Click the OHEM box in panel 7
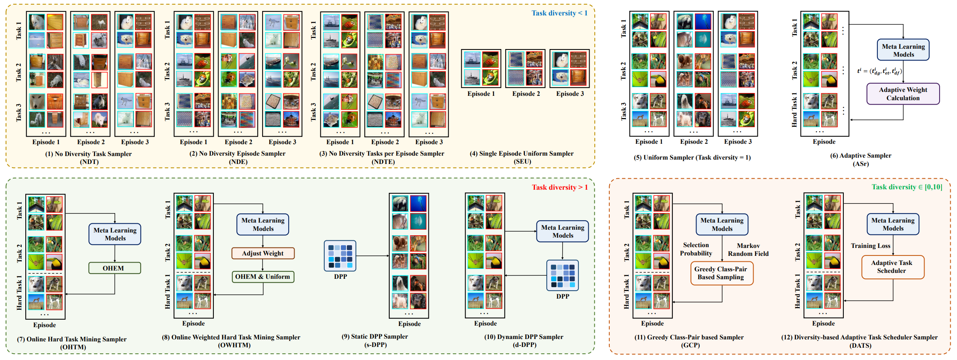tap(114, 268)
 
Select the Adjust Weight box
tap(263, 253)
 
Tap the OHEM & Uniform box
tap(263, 276)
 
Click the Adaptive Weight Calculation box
tap(903, 94)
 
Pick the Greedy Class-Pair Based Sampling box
tap(721, 273)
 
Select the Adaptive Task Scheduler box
tap(892, 267)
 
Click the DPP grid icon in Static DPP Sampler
tap(340, 256)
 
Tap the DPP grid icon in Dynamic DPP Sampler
tap(563, 275)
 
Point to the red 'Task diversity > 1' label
tap(559, 187)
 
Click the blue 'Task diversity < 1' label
tap(559, 13)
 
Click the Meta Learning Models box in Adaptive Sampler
tap(903, 50)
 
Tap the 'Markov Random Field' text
tap(748, 250)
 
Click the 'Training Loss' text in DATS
tap(870, 246)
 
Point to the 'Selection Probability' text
tap(696, 249)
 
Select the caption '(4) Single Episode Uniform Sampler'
tap(521, 153)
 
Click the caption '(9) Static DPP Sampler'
tap(375, 337)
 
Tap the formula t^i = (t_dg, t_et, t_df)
tap(879, 71)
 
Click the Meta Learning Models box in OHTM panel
tap(115, 234)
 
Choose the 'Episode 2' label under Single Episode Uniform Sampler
tap(526, 94)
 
